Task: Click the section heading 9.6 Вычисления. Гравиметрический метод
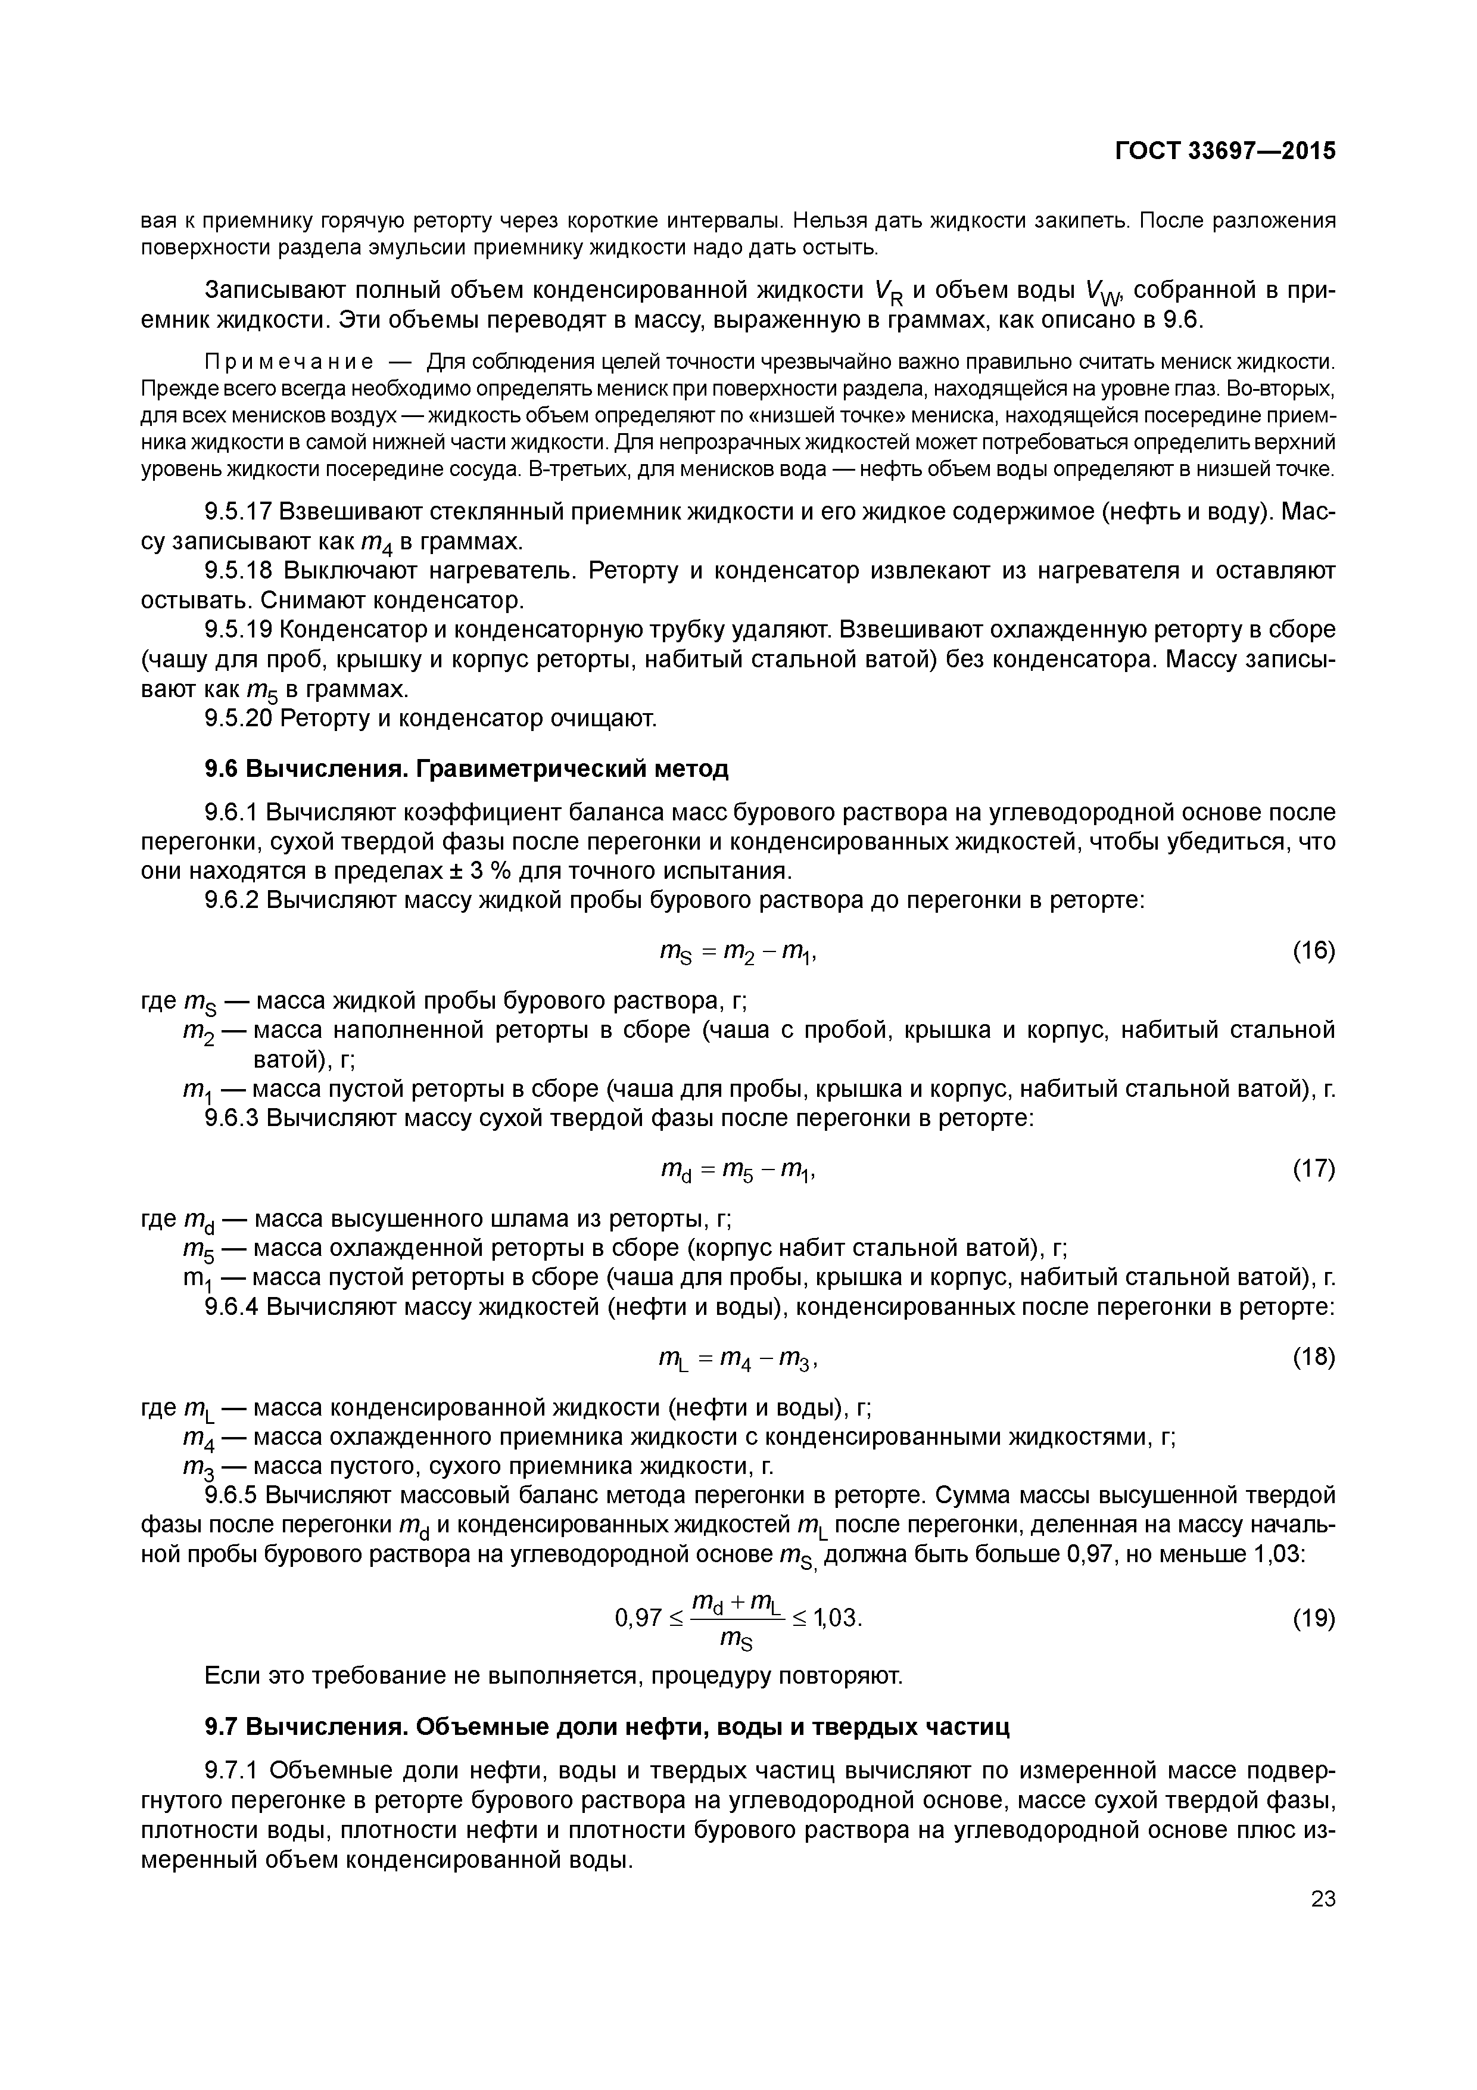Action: point(467,769)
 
